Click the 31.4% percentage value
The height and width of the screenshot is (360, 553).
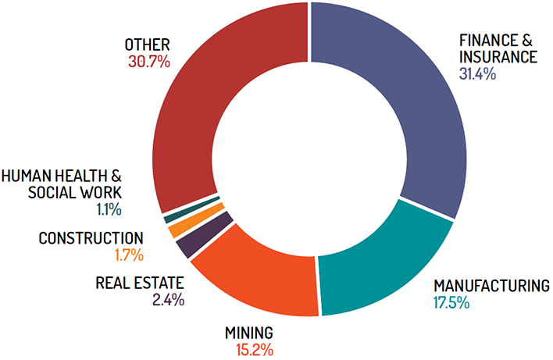click(479, 75)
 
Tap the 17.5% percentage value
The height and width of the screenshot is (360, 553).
click(452, 301)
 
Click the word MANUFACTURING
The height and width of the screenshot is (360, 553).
click(491, 285)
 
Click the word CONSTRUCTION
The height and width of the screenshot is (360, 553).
click(91, 238)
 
